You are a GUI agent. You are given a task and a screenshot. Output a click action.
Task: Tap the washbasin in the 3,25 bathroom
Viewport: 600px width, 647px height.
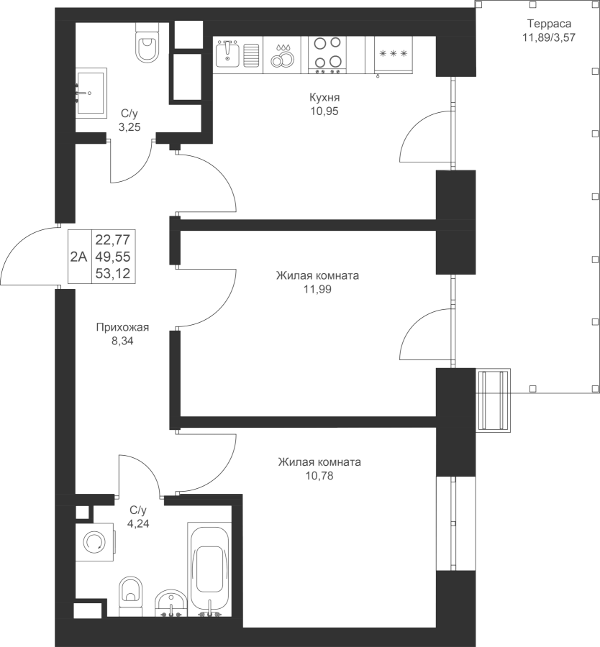click(x=91, y=91)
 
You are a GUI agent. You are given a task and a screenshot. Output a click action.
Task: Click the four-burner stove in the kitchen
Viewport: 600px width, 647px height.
click(x=327, y=55)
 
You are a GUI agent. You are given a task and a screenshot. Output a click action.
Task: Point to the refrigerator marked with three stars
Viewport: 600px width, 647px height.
click(x=393, y=55)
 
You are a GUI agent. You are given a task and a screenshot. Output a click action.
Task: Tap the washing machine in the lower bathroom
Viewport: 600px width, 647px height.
click(x=94, y=541)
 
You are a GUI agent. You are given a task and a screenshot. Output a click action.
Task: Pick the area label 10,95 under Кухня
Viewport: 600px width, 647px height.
click(x=324, y=111)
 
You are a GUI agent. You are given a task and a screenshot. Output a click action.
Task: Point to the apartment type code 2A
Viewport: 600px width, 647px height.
click(x=78, y=256)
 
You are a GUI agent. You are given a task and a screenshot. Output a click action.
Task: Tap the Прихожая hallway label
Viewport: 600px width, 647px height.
click(x=122, y=328)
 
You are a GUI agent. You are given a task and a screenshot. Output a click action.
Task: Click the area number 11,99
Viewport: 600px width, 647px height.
click(x=317, y=289)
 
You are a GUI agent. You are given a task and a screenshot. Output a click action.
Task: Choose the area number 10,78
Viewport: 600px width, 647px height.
click(x=319, y=475)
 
